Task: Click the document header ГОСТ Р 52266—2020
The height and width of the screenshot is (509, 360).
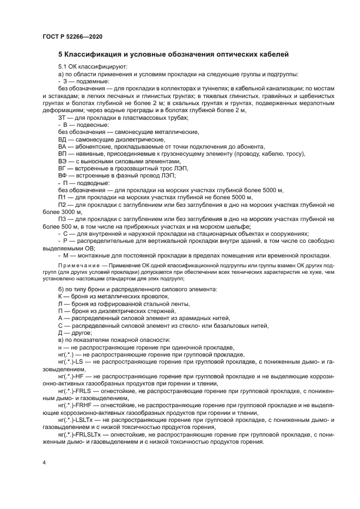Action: point(72,36)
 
